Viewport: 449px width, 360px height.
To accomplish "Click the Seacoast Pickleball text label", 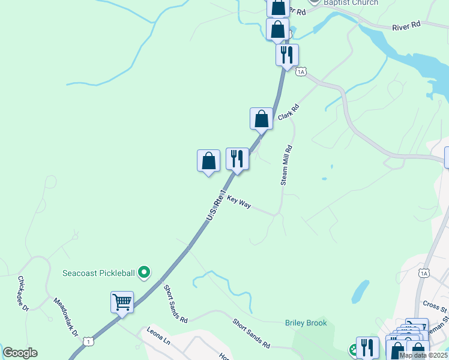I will point(98,273).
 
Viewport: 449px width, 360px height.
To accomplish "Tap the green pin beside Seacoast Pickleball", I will point(144,273).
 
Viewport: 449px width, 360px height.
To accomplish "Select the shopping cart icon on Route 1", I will point(122,302).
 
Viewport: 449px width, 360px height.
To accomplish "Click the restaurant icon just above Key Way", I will point(237,159).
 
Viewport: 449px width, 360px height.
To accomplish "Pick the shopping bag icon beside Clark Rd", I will point(261,118).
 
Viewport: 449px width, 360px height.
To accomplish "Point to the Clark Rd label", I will point(288,112).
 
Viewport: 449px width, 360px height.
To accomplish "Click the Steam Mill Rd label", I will point(286,165).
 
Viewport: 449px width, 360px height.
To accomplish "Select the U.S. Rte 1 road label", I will point(217,205).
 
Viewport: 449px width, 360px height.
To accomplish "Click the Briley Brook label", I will point(306,323).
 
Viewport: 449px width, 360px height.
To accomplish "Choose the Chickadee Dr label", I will point(23,293).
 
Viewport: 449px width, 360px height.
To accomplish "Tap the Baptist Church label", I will point(351,2).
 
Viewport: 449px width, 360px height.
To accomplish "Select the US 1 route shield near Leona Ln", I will point(89,341).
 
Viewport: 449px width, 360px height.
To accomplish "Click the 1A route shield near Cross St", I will point(424,273).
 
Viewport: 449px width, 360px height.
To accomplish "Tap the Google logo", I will point(20,353).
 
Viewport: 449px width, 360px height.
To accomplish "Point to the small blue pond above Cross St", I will point(360,292).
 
